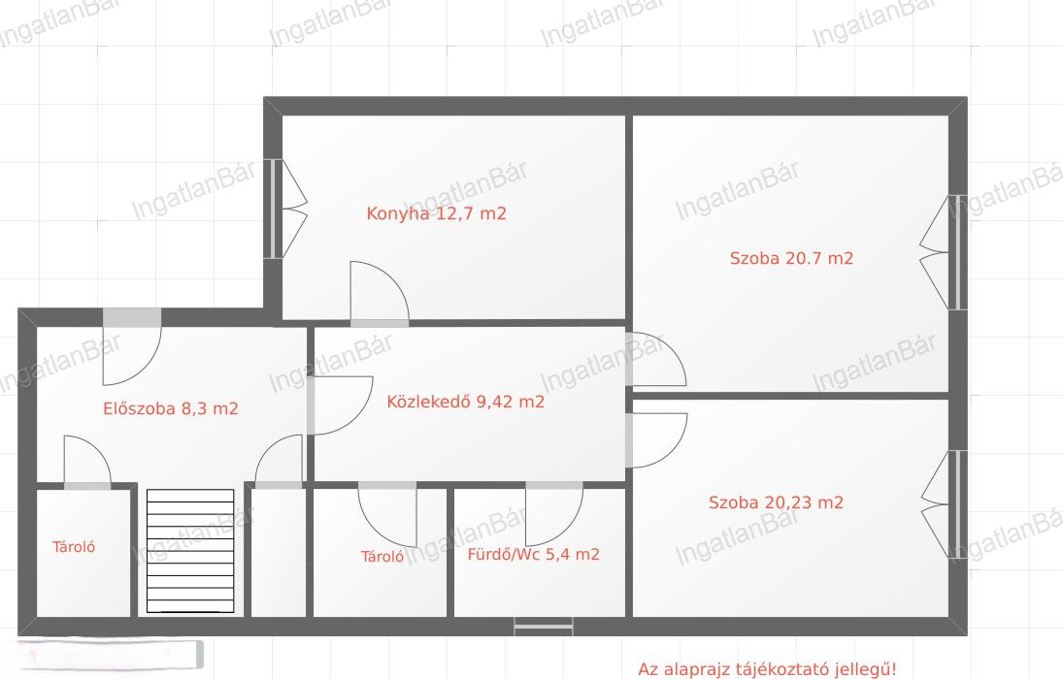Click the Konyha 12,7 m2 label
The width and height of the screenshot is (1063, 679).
(x=436, y=213)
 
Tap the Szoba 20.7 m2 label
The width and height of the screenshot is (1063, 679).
(x=791, y=258)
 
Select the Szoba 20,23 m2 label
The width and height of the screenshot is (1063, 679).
(x=776, y=502)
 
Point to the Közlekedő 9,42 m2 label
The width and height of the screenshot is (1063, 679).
(x=465, y=402)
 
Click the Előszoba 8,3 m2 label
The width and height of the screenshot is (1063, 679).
(x=170, y=408)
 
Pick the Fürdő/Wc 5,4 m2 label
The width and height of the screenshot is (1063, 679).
(x=534, y=554)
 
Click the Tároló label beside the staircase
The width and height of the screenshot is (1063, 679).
(x=73, y=547)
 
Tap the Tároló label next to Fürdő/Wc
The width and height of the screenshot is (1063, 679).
(x=382, y=557)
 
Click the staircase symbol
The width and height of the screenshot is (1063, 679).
(x=190, y=551)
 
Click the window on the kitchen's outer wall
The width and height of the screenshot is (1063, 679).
(x=274, y=209)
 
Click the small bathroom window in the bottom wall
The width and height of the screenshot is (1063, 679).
(x=544, y=627)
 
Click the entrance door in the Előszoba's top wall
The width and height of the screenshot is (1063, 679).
(x=132, y=346)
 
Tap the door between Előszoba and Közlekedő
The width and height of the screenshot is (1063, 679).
(x=339, y=405)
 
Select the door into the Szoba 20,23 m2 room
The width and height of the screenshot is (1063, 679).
(x=656, y=440)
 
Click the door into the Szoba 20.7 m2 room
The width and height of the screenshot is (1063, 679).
(x=655, y=359)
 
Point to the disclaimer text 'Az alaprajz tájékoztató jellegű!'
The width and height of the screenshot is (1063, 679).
(x=767, y=669)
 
